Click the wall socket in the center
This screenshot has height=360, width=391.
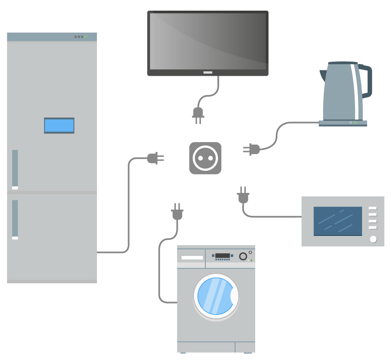pyautogui.click(x=205, y=158)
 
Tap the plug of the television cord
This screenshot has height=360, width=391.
pyautogui.click(x=198, y=113)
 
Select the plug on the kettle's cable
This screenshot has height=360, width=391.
pyautogui.click(x=252, y=149)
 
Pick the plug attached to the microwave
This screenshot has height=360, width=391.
pyautogui.click(x=243, y=197)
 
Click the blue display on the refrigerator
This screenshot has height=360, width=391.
pyautogui.click(x=59, y=126)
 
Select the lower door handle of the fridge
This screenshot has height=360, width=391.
pyautogui.click(x=15, y=219)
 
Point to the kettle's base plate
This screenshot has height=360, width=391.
pyautogui.click(x=343, y=123)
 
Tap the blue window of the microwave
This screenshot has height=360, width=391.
pyautogui.click(x=338, y=221)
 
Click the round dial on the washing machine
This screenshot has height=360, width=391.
pyautogui.click(x=243, y=257)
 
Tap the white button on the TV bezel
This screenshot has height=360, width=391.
pyautogui.click(x=208, y=72)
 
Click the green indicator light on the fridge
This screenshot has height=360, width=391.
pyautogui.click(x=85, y=37)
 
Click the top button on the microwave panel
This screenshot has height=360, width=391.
pyautogui.click(x=373, y=208)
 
